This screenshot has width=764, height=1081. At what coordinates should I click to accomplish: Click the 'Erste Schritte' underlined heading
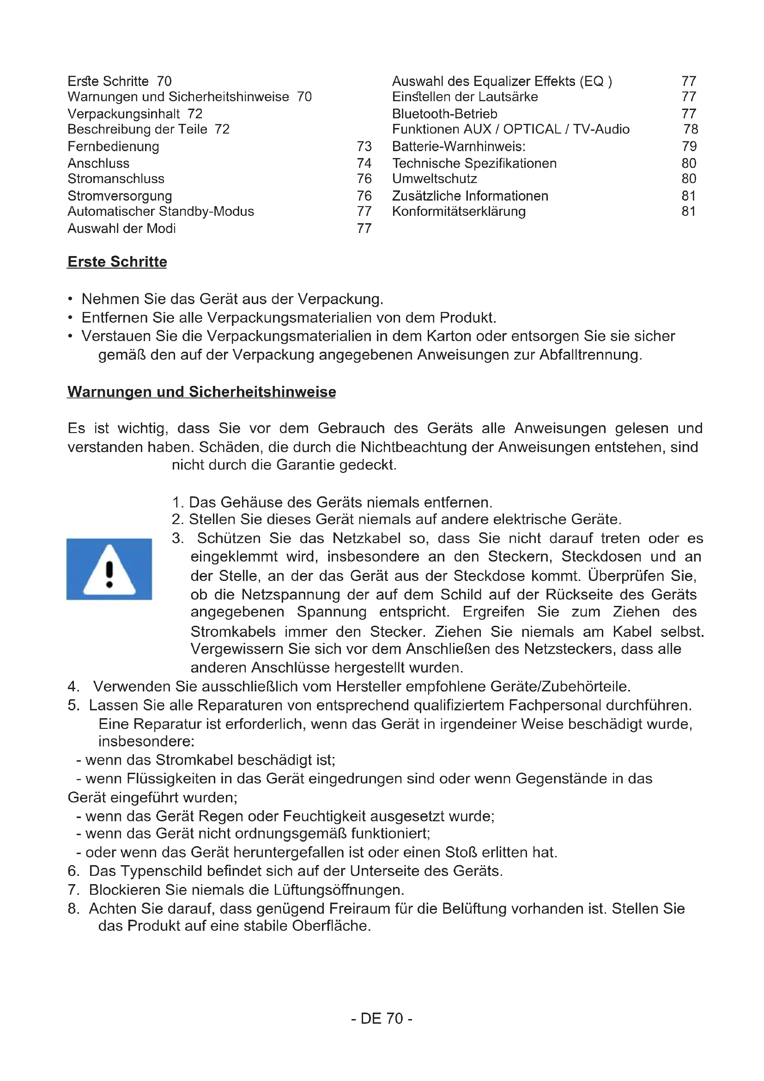pyautogui.click(x=117, y=262)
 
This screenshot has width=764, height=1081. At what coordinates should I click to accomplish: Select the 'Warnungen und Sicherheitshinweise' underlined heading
pyautogui.click(x=201, y=392)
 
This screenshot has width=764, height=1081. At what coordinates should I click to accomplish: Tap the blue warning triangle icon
pyautogui.click(x=109, y=569)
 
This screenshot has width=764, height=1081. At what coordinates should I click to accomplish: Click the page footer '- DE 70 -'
pyautogui.click(x=382, y=1019)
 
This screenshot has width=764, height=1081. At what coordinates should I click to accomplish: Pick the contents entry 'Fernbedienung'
pyautogui.click(x=113, y=147)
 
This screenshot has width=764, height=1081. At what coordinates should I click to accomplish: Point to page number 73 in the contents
pyautogui.click(x=364, y=147)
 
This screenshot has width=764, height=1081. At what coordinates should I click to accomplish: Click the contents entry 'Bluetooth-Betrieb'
pyautogui.click(x=444, y=114)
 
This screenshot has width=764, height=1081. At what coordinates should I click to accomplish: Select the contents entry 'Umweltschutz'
pyautogui.click(x=434, y=179)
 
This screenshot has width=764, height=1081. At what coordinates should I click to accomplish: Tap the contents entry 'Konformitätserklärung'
pyautogui.click(x=459, y=211)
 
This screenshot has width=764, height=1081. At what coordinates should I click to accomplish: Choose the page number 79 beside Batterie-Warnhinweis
pyautogui.click(x=689, y=147)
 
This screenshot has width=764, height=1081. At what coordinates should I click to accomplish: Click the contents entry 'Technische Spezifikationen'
pyautogui.click(x=474, y=163)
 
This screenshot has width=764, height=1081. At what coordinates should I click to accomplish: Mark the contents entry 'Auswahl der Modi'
pyautogui.click(x=121, y=229)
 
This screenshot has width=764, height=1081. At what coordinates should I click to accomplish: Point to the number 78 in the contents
pyautogui.click(x=691, y=129)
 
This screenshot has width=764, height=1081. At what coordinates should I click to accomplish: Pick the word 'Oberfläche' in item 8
pyautogui.click(x=331, y=926)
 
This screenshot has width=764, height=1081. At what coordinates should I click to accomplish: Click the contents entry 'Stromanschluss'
pyautogui.click(x=116, y=179)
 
